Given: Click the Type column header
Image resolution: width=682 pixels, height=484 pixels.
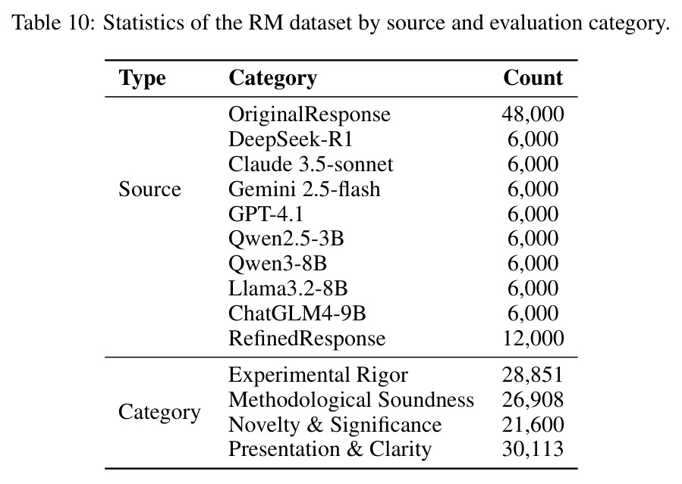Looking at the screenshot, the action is pos(142,79).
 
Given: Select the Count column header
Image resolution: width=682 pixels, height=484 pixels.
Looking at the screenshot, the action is pos(533,78).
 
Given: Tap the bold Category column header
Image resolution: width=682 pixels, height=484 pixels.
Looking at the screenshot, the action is pos(272,79).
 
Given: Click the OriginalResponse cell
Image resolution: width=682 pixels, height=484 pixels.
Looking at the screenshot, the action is pos(310,114).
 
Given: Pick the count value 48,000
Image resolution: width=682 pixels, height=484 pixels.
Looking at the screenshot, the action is pos(533,114).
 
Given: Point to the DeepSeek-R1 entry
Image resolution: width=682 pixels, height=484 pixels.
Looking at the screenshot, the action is pos(290,140).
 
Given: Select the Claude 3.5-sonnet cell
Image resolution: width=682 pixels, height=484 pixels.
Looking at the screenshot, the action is pos(310,164).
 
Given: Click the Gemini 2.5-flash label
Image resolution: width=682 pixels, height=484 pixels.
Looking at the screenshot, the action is pos(304,189).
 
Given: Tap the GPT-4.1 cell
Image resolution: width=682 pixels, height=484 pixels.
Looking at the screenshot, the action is pos(266,214).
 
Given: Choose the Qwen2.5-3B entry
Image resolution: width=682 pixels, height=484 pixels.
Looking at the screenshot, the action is pos(286,239).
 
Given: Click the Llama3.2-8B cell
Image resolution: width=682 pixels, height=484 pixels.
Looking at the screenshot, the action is pos(288,289).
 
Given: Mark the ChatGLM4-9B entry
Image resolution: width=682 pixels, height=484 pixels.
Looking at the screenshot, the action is pos(297,314).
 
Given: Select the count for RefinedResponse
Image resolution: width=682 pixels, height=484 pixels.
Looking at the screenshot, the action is pos(533,338).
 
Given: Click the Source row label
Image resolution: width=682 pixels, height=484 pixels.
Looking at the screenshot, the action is pos(149,189).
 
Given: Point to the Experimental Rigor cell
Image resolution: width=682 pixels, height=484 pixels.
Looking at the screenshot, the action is pos(319,376).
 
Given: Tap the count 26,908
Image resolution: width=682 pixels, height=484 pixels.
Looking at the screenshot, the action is pos(533,400).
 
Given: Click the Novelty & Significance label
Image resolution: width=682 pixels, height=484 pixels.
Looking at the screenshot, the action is pos(335,425).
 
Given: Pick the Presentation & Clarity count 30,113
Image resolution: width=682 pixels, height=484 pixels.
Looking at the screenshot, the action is pos(533,449).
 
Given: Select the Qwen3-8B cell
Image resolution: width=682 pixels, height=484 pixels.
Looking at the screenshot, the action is pos(278,264).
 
